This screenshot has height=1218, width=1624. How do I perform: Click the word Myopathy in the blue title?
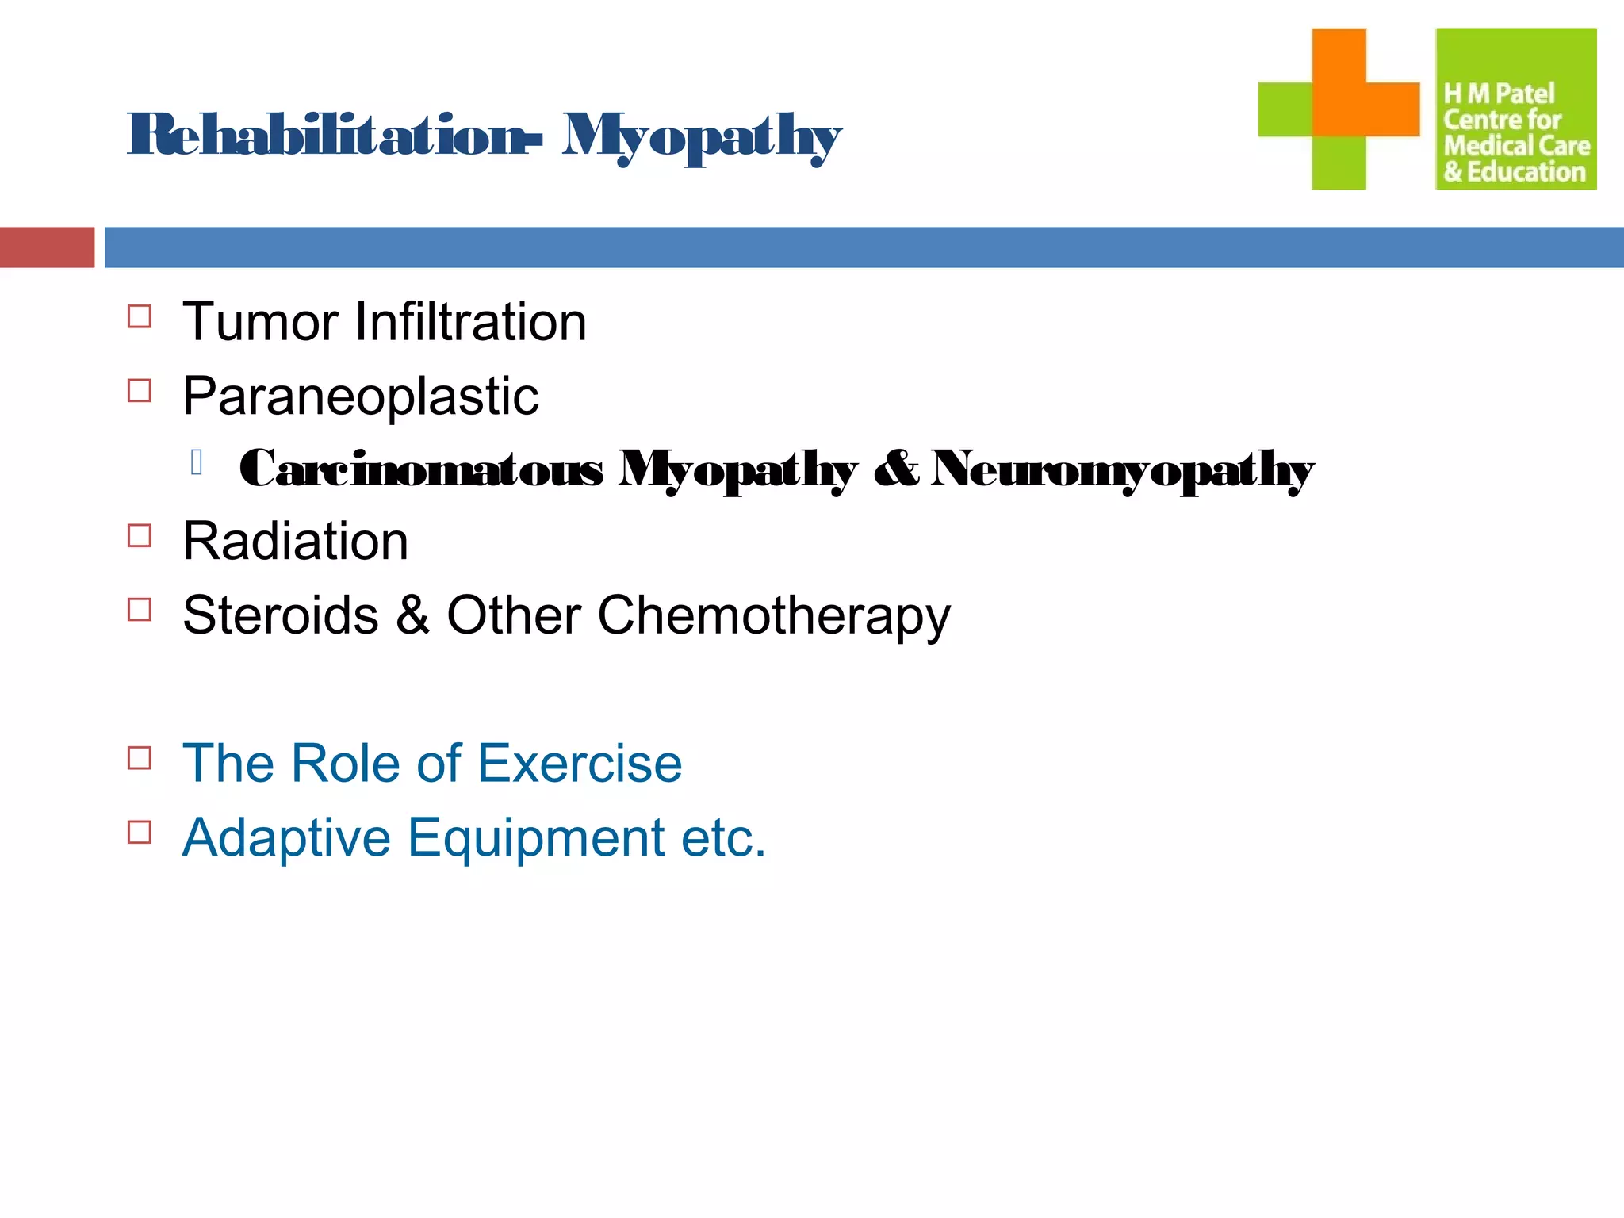coord(701,138)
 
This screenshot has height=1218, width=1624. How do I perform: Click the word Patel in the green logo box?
coord(1524,94)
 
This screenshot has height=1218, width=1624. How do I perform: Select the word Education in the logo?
coord(1526,172)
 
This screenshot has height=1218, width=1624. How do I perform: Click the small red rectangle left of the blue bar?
coord(47,247)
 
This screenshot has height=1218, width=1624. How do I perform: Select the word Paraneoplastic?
coord(361,396)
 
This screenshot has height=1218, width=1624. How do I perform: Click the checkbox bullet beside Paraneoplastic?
coord(140,391)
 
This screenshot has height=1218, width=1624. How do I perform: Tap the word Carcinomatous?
coord(420,469)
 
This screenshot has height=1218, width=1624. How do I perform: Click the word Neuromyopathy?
coord(1122,469)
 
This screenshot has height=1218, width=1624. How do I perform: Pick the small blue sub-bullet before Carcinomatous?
coord(197,462)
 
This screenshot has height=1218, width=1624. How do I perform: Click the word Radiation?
coord(296,542)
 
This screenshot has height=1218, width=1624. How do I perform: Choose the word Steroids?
coord(281,615)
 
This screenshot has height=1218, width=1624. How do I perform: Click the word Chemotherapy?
coord(773,617)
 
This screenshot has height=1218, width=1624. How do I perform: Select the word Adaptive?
coord(286,838)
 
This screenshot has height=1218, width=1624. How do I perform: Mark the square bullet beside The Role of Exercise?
coord(140,758)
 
